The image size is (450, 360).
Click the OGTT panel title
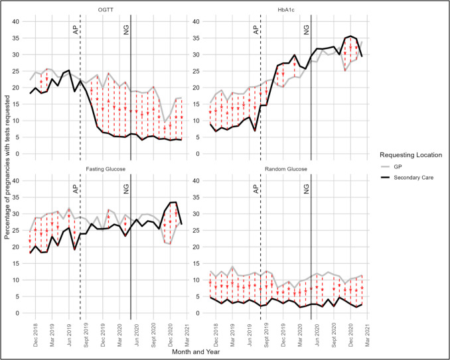(106, 10)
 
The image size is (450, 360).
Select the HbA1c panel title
(286, 10)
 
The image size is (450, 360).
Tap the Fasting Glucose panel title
(106, 169)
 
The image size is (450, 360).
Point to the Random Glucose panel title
(286, 169)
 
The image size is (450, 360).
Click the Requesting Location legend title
(411, 155)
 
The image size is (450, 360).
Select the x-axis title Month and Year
(196, 351)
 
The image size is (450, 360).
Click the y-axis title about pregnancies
(7, 167)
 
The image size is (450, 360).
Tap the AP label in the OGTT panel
(76, 30)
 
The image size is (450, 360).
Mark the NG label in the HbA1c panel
(307, 30)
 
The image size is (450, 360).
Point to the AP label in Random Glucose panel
(256, 189)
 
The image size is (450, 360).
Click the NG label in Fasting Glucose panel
(126, 189)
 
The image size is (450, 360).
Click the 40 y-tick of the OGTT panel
(16, 21)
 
